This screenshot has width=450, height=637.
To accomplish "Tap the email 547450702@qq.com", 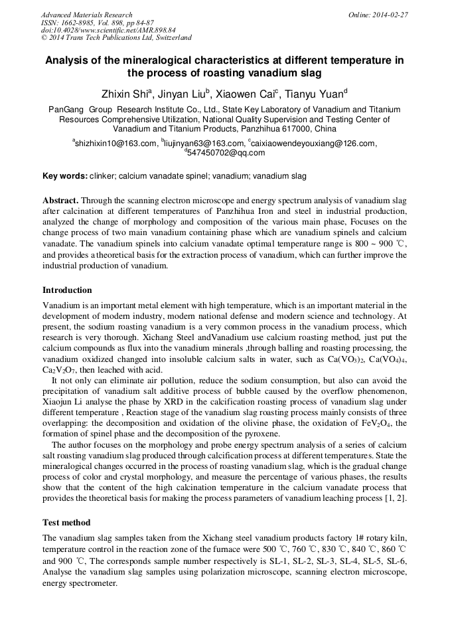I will point(226,153).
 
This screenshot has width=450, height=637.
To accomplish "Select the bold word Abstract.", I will point(61,200).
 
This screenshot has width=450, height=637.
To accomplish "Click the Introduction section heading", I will point(67,290).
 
